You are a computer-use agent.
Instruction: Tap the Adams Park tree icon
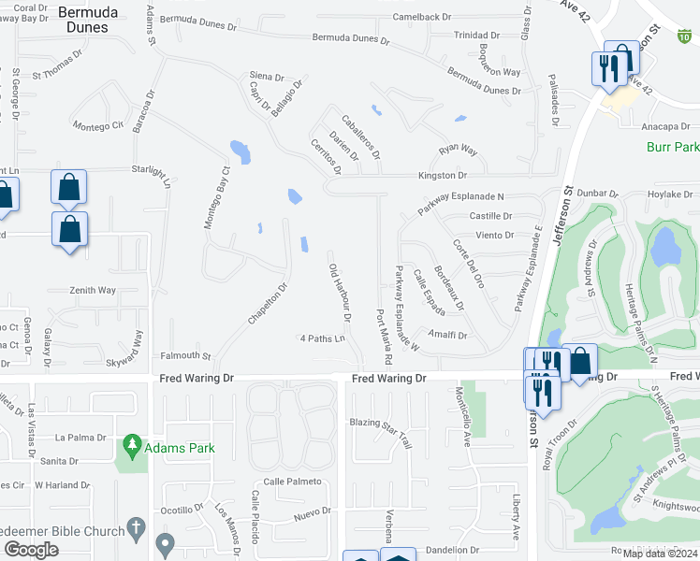pos(132,441)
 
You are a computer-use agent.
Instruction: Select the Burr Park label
pos(673,148)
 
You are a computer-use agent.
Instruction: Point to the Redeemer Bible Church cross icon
pos(137,525)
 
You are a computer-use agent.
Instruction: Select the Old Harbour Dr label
pos(339,291)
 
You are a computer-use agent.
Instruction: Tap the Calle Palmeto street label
pos(292,482)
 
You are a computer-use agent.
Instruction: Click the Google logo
pos(31,550)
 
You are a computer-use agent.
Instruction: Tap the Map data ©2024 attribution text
pos(659,554)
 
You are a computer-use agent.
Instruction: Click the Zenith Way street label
pos(93,291)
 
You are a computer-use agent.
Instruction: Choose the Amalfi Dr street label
pos(448,335)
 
